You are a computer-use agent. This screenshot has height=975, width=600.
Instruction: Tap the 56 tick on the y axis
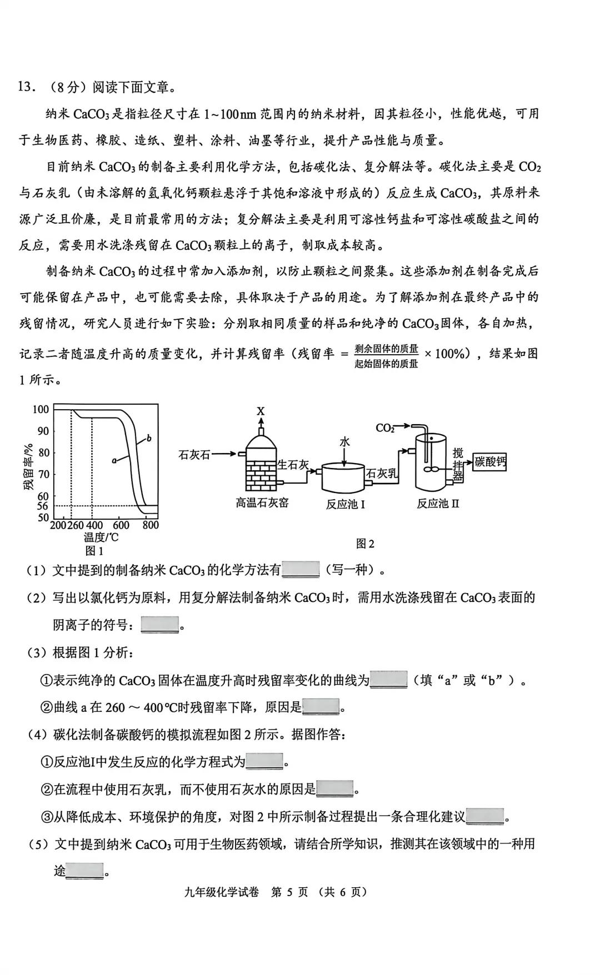(43, 506)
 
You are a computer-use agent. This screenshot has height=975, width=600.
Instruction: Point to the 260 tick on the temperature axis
(75, 525)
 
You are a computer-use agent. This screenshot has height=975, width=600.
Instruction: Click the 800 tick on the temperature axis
(150, 525)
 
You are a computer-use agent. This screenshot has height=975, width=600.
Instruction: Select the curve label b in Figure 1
(149, 439)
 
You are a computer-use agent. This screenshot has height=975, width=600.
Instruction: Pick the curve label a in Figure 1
(114, 460)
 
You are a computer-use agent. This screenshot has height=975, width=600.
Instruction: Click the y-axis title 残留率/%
(28, 466)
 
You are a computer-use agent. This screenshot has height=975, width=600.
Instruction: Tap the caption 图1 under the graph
(94, 551)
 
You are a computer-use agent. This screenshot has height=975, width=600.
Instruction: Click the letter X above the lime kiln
(261, 411)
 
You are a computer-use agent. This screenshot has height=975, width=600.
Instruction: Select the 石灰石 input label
(194, 455)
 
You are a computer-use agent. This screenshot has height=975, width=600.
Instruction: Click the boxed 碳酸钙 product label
(490, 462)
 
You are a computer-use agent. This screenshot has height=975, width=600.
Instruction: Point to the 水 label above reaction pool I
(344, 442)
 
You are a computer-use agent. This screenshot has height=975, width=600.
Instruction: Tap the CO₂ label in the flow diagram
(384, 428)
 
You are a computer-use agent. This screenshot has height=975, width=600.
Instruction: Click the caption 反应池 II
(438, 504)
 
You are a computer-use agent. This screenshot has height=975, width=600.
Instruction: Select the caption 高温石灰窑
(262, 503)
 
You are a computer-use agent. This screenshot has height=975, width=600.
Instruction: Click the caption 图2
(365, 544)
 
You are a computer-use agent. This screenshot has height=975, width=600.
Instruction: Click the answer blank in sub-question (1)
(301, 570)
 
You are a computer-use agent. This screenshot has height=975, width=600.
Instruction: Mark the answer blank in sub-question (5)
(85, 871)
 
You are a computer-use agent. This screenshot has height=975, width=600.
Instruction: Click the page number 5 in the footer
(289, 892)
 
